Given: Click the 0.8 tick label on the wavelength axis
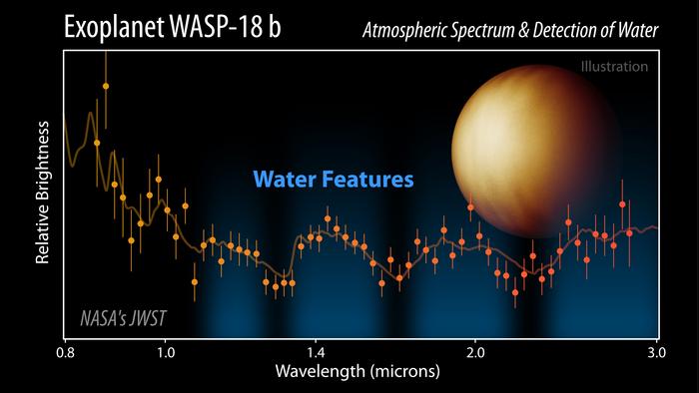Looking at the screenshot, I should coord(65,352).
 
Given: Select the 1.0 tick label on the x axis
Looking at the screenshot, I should coord(166,352).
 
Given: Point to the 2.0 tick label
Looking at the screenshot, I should coord(475,352).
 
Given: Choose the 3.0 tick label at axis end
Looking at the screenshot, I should coord(655,352).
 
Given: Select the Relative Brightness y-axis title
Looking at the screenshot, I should coord(43,194).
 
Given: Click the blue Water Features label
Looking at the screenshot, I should coord(333,181).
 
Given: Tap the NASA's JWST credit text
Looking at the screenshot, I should coord(122,319).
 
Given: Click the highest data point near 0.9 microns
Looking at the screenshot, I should coord(106,87).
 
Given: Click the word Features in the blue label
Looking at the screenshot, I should coord(366,181).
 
